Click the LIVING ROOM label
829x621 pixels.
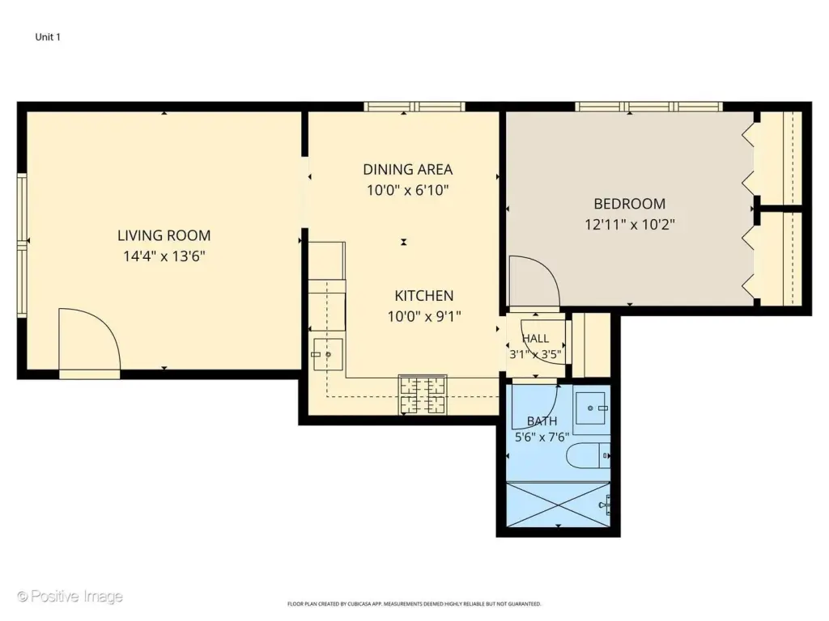coord(164,235)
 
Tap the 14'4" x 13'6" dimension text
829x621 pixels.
coord(164,256)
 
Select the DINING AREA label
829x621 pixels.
coord(408,170)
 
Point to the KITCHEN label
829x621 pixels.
coord(424,296)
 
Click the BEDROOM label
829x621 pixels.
coord(629,204)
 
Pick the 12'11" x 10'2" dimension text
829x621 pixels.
coord(630,225)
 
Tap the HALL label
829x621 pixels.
coord(536,339)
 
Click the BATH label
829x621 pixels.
coord(542,421)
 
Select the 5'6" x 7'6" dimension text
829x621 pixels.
coord(542,437)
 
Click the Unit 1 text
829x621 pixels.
coord(48,37)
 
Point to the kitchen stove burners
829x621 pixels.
coord(423,395)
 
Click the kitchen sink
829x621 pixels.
coord(328,354)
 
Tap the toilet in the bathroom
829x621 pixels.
coord(589,455)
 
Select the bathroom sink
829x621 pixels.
coord(592,408)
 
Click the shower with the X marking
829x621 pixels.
coord(559,505)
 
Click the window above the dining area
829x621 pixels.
coord(414,107)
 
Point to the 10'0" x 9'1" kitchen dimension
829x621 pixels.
coord(424,317)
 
